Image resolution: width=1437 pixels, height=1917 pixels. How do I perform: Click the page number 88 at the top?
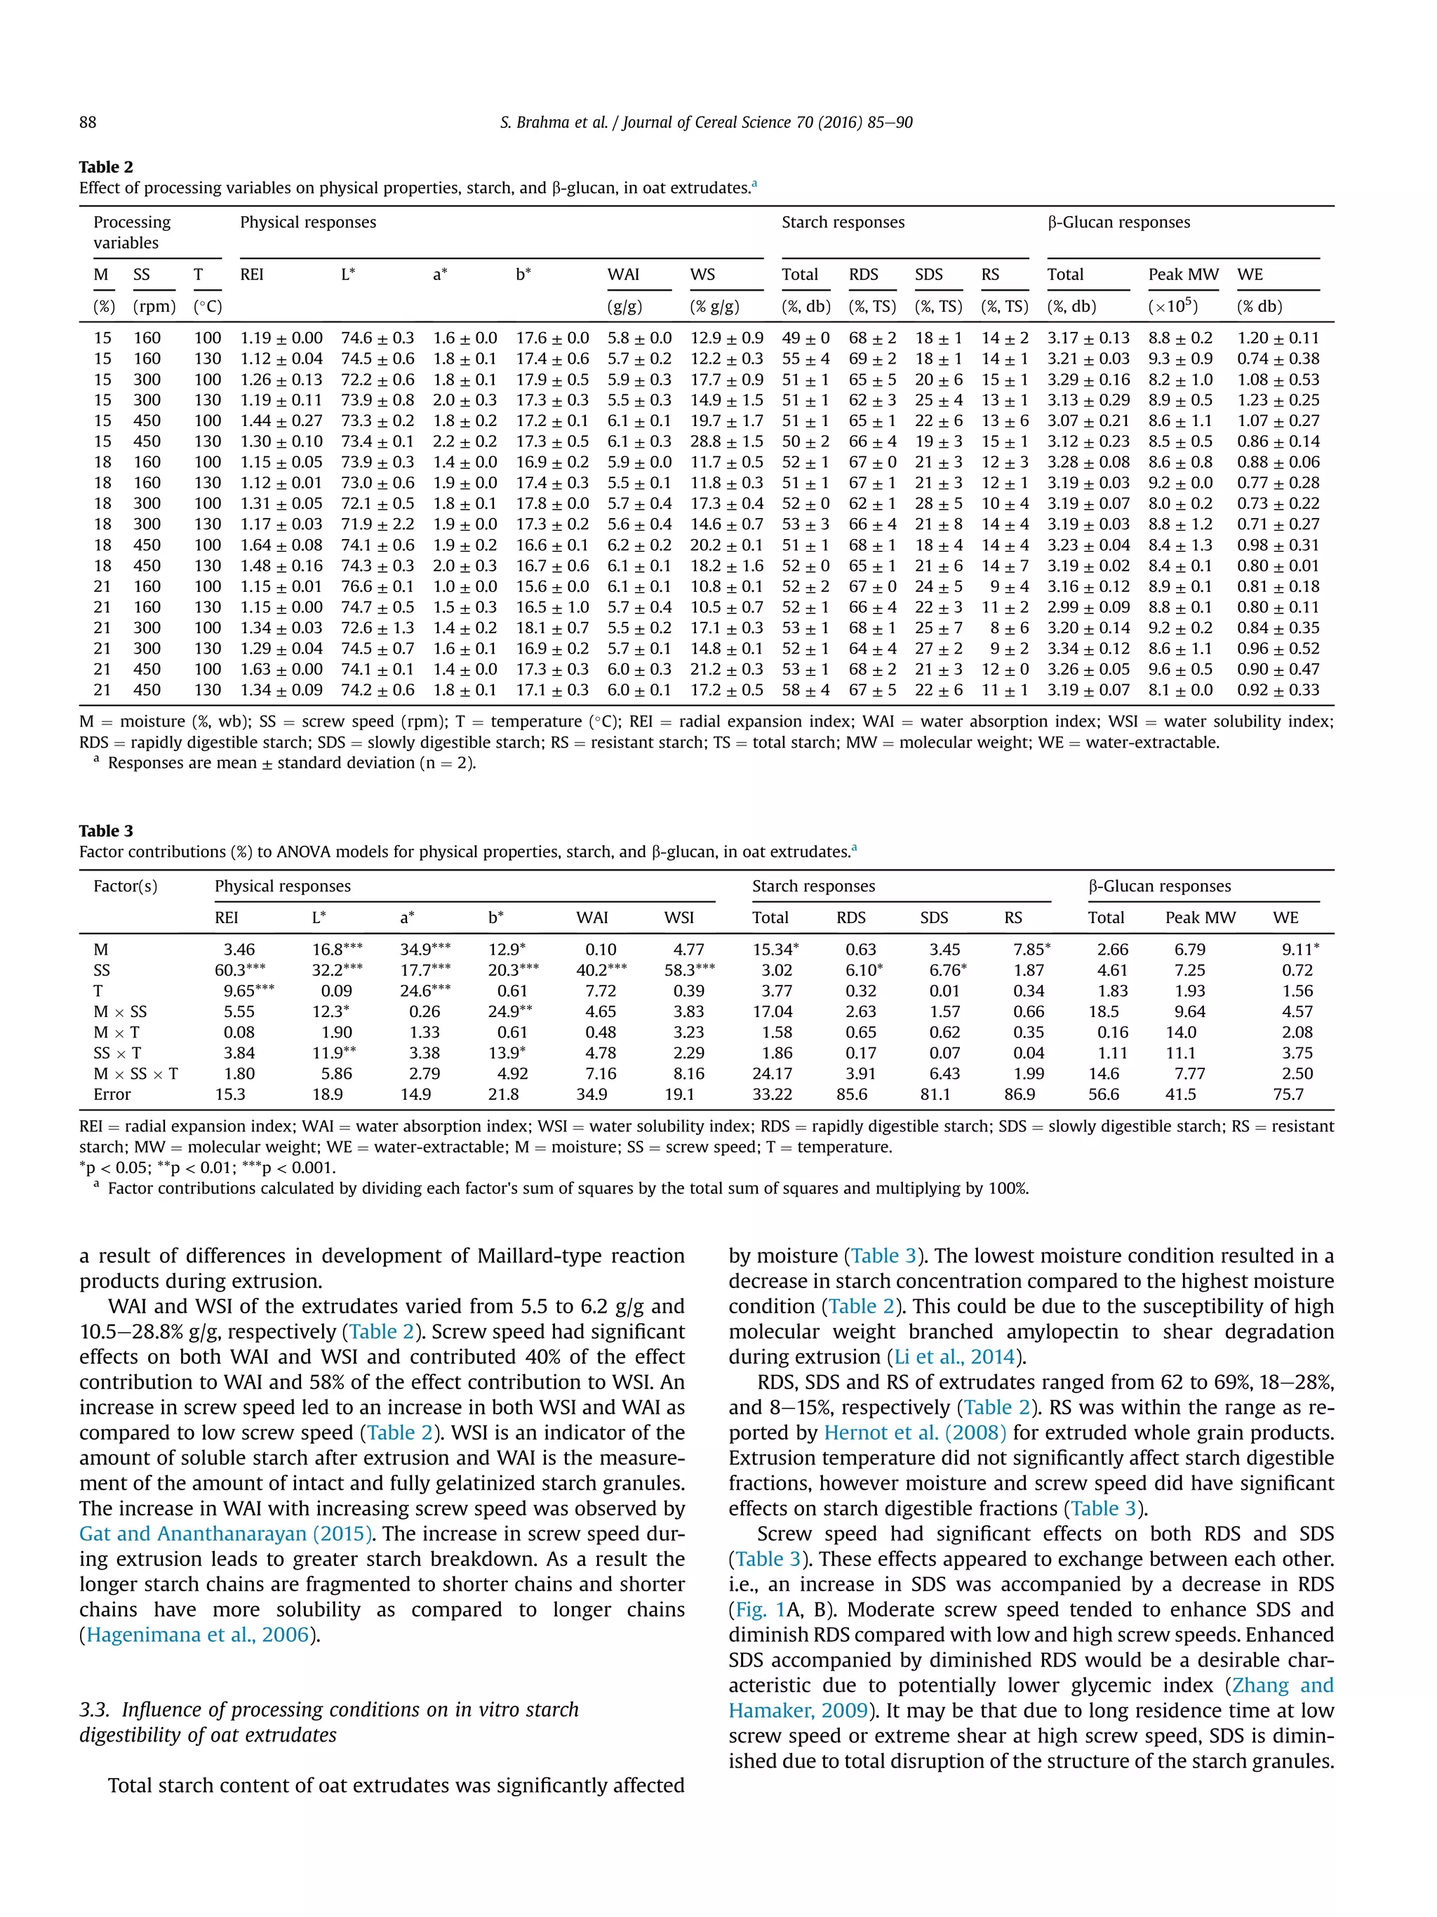point(88,122)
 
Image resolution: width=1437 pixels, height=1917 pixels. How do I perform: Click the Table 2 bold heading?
point(106,167)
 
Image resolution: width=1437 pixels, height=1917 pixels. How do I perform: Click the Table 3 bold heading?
point(106,831)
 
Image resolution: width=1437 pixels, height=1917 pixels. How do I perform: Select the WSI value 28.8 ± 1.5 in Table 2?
point(726,441)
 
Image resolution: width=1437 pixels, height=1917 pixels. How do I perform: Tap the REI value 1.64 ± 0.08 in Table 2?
point(281,545)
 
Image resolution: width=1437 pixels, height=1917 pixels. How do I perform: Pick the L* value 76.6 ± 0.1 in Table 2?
point(377,587)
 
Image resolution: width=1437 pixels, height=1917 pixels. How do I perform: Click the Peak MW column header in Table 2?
point(1182,274)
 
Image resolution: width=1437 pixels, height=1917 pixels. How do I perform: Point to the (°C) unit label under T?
point(207,307)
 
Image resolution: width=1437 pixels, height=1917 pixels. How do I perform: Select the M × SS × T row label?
point(135,1074)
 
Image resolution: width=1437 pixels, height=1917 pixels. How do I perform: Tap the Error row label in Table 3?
point(112,1094)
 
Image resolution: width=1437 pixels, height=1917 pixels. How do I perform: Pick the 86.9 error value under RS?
point(1019,1094)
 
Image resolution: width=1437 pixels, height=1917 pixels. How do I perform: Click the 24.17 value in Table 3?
point(771,1074)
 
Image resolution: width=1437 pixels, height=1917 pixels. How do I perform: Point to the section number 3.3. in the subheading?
point(95,1710)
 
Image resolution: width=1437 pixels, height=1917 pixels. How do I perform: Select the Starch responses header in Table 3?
point(813,887)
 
